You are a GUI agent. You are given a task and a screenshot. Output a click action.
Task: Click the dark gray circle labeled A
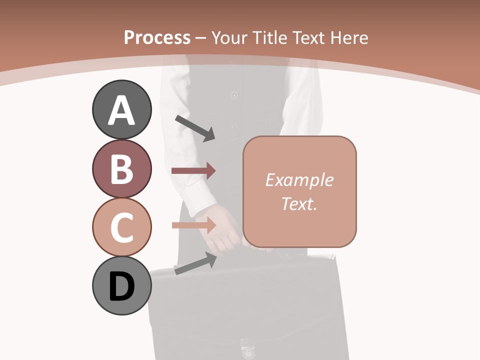pyautogui.click(x=121, y=109)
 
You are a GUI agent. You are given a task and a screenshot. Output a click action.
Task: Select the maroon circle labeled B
pyautogui.click(x=121, y=168)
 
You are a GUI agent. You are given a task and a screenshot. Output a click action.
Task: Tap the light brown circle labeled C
pyautogui.click(x=121, y=227)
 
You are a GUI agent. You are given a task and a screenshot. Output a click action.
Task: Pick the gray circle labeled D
pyautogui.click(x=121, y=286)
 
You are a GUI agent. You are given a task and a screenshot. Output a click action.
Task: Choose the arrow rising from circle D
pyautogui.click(x=195, y=263)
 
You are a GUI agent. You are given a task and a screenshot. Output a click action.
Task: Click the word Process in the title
pyautogui.click(x=157, y=37)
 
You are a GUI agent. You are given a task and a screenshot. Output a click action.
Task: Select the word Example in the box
pyautogui.click(x=299, y=180)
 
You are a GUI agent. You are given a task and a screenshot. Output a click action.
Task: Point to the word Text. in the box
pyautogui.click(x=299, y=203)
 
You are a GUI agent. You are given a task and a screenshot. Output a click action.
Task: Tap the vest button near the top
pyautogui.click(x=233, y=95)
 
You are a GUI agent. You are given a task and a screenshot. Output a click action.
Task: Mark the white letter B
pyautogui.click(x=121, y=169)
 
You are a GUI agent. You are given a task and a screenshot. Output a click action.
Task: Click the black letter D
pyautogui.click(x=121, y=286)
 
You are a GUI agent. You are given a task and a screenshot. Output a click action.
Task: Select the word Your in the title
pyautogui.click(x=229, y=37)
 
